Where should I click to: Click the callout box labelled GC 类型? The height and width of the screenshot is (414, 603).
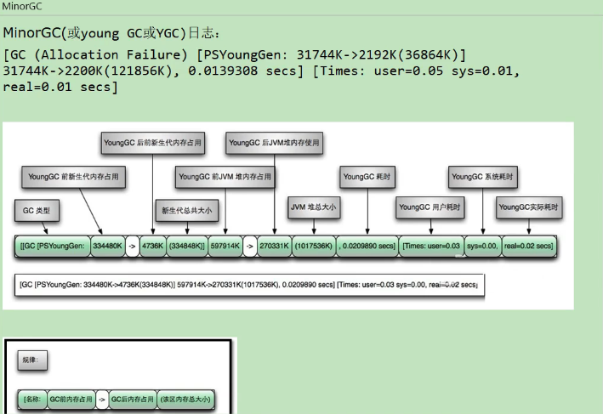click(36, 209)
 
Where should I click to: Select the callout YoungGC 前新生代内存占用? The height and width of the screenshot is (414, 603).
click(73, 178)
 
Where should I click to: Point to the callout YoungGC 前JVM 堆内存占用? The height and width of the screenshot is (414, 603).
click(225, 178)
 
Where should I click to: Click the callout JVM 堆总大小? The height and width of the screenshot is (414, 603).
click(314, 207)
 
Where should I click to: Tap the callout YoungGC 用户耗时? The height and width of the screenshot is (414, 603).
click(430, 207)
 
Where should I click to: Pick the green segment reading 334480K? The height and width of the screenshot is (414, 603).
click(107, 246)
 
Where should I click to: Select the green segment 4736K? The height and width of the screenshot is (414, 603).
click(152, 246)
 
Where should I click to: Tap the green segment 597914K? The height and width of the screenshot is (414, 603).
click(225, 246)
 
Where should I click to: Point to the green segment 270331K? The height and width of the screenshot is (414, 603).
click(275, 246)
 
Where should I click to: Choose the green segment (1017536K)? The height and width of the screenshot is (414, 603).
click(314, 246)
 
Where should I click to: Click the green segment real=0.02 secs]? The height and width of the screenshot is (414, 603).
click(528, 246)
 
